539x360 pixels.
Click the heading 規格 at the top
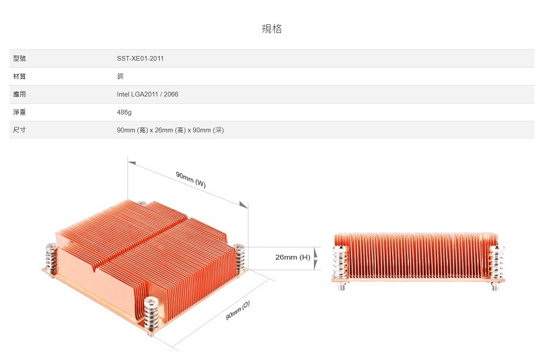(x=272, y=28)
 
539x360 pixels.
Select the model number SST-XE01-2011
(x=140, y=59)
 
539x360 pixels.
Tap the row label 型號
(x=20, y=59)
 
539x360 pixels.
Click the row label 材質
(x=20, y=76)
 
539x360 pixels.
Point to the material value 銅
(x=120, y=76)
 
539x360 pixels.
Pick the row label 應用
(x=20, y=94)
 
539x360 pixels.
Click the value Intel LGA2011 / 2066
(x=148, y=94)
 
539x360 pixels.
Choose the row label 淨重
(x=20, y=112)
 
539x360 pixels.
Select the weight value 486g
(x=124, y=113)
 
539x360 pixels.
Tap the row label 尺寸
(x=20, y=130)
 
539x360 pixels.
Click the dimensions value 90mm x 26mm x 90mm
(x=170, y=130)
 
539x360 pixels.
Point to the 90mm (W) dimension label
(x=191, y=180)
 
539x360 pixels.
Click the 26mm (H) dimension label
(x=293, y=258)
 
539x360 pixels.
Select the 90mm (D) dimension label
(x=238, y=311)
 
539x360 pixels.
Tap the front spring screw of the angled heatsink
(x=151, y=316)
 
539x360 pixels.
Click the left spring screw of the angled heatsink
(x=52, y=260)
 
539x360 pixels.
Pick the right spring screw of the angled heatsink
(x=239, y=259)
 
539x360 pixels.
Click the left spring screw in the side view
(x=341, y=267)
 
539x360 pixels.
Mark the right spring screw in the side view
(x=497, y=267)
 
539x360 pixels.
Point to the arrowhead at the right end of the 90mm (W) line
(x=244, y=205)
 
